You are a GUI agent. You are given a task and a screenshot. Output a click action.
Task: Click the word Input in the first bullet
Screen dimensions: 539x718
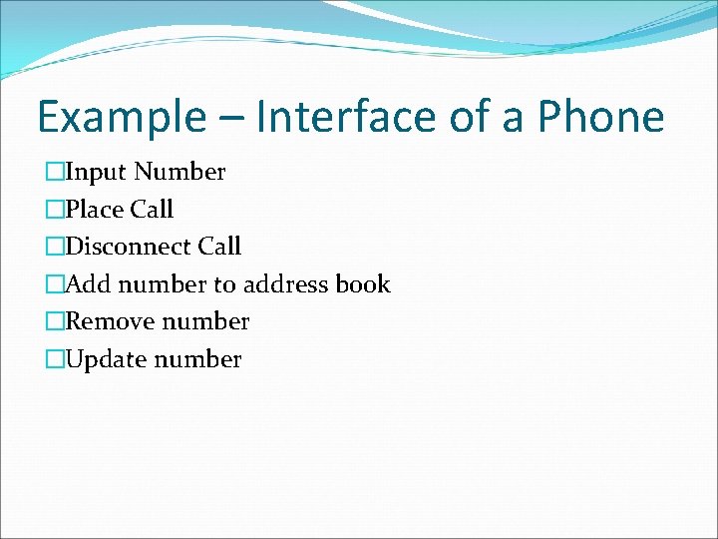96,173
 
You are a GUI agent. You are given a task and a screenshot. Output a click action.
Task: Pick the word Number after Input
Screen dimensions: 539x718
180,173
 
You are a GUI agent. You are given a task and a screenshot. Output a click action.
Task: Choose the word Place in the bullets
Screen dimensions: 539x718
94,210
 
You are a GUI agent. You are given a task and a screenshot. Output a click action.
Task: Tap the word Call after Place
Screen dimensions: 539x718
152,210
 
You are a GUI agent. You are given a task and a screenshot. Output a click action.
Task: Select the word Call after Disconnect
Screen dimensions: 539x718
219,247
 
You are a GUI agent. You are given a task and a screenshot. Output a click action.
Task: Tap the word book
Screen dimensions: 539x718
363,284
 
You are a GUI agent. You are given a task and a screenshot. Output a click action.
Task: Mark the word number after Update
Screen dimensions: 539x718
197,359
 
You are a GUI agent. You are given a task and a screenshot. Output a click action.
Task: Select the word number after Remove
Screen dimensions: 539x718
205,321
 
